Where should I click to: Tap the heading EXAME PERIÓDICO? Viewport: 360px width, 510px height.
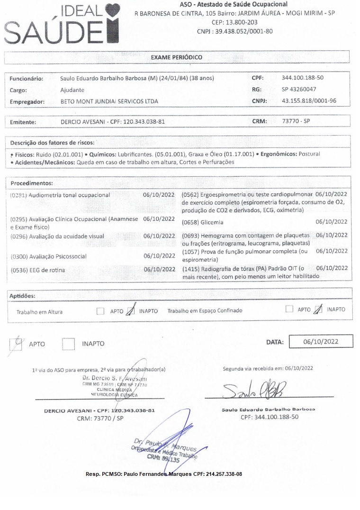tap(176, 57)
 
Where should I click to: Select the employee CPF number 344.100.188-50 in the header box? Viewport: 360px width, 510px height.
tap(303, 78)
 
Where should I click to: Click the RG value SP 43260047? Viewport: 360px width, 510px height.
tap(299, 89)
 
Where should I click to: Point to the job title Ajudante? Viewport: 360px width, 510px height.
tap(72, 90)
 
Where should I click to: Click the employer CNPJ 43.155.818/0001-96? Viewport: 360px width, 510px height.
tap(309, 101)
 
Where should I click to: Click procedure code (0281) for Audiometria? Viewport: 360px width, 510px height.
tap(18, 195)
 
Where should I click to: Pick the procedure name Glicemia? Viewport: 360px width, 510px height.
tap(212, 222)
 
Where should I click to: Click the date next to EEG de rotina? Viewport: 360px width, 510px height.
tap(159, 270)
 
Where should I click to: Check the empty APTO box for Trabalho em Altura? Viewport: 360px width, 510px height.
tap(100, 311)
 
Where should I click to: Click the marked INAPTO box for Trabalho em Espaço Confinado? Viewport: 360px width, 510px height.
tap(318, 310)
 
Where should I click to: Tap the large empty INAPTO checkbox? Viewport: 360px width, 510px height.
tap(69, 343)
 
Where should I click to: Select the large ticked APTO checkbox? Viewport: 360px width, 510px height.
tap(17, 343)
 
